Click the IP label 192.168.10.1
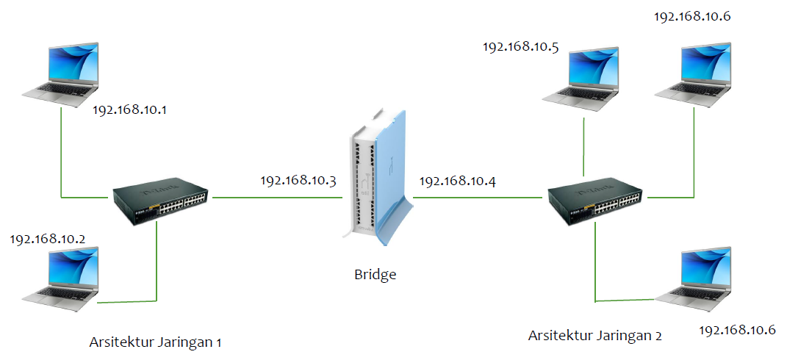130,110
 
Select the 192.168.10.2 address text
48,240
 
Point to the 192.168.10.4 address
457,180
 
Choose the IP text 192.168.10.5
520,47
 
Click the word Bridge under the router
375,275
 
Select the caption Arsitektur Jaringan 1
155,342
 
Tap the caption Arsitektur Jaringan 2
594,336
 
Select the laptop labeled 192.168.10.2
60,276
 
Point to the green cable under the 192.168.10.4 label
478,197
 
